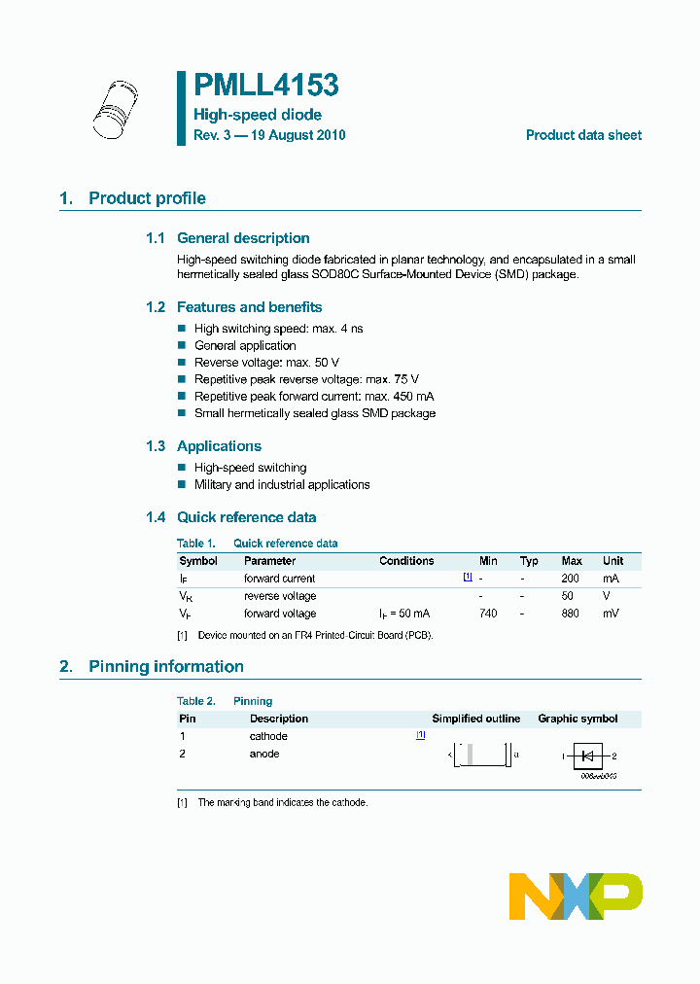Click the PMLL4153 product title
click(x=265, y=87)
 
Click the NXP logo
click(x=576, y=896)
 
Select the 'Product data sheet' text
click(x=583, y=135)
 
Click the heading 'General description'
click(x=243, y=238)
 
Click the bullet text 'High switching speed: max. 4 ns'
click(x=278, y=329)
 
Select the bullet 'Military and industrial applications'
click(x=282, y=484)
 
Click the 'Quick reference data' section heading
click(x=246, y=517)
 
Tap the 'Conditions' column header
click(x=406, y=561)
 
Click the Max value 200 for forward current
click(x=572, y=579)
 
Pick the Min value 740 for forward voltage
click(x=488, y=614)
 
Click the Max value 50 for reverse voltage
click(x=568, y=596)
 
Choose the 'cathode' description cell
click(x=268, y=736)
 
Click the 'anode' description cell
click(x=264, y=754)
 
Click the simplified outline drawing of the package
click(x=482, y=755)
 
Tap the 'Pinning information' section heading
click(x=165, y=667)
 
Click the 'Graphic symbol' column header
click(x=577, y=719)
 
